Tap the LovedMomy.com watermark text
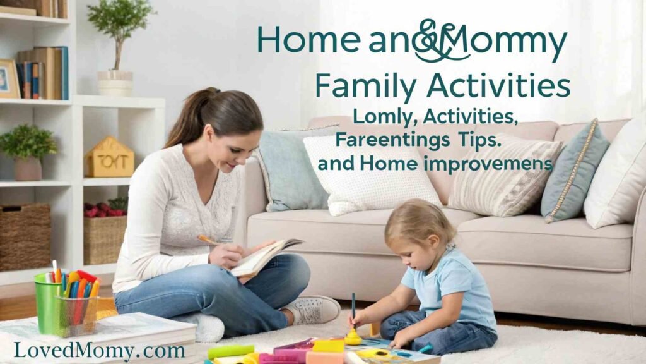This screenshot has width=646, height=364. tap(100, 349)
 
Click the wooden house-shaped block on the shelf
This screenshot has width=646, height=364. tap(109, 159)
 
